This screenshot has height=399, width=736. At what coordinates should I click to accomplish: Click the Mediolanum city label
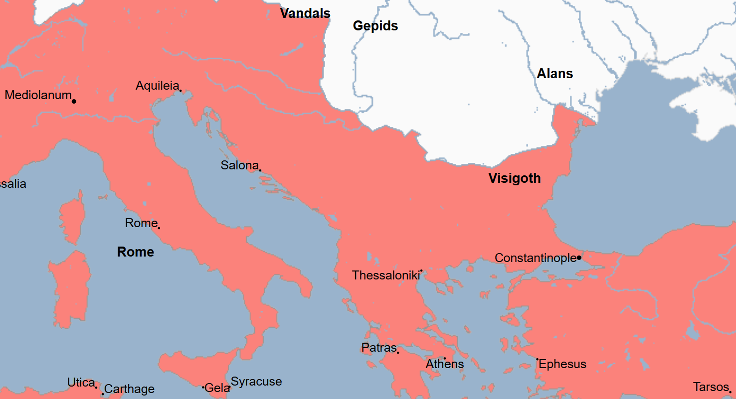pos(38,95)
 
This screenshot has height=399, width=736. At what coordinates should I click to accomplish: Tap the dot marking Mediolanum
pos(74,102)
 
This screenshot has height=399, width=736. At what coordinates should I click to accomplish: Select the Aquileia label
pos(157,86)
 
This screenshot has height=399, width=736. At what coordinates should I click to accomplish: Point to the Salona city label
pos(239,165)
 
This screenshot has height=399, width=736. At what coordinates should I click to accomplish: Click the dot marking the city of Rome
pos(159,228)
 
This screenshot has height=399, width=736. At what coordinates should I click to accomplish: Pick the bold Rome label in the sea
pos(135,252)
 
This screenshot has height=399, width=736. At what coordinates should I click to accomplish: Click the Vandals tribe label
pos(305,13)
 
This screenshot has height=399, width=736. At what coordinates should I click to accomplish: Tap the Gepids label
pos(375,26)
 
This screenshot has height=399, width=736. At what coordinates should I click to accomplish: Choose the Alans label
pos(554,74)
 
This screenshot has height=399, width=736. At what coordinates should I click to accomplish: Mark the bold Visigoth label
pos(514,178)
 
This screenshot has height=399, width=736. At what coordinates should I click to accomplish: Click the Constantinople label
pos(535,258)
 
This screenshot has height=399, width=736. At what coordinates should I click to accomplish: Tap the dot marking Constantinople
pos(579,258)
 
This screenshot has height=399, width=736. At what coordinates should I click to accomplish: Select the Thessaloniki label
pos(385,275)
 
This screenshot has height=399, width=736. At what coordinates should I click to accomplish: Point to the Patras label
pos(378,348)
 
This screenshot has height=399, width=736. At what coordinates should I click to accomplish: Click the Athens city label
pos(444,364)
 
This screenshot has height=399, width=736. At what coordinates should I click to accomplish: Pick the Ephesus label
pos(562,364)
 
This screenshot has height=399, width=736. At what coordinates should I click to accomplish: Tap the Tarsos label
pos(711,387)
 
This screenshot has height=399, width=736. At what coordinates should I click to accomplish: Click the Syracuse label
pos(256,382)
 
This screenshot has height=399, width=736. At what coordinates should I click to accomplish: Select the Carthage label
pos(129,389)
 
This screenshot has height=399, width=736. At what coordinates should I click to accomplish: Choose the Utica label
pos(81,383)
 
